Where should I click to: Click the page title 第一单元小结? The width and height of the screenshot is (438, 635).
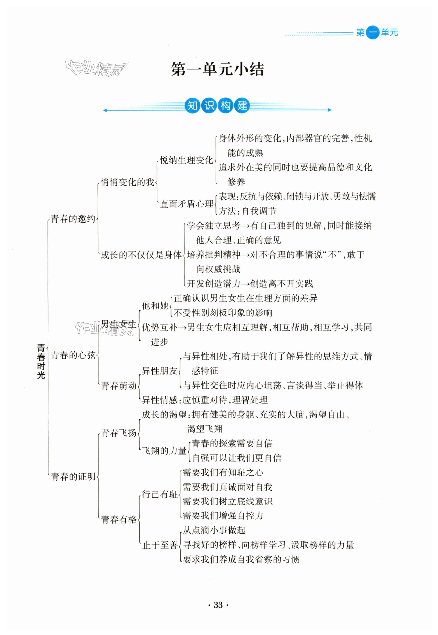[217, 69]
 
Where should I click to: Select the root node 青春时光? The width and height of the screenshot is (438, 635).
[41, 361]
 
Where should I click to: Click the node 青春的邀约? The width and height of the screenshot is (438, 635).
[73, 219]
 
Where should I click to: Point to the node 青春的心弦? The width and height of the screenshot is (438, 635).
[73, 355]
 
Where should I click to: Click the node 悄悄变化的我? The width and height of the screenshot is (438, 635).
[127, 182]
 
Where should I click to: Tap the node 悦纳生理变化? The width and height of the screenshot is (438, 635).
[186, 160]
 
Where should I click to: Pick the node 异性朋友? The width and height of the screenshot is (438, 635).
[160, 371]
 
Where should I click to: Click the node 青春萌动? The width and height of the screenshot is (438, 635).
[119, 386]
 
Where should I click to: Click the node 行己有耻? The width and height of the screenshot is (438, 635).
[160, 494]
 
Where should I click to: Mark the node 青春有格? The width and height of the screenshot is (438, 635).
[119, 520]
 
